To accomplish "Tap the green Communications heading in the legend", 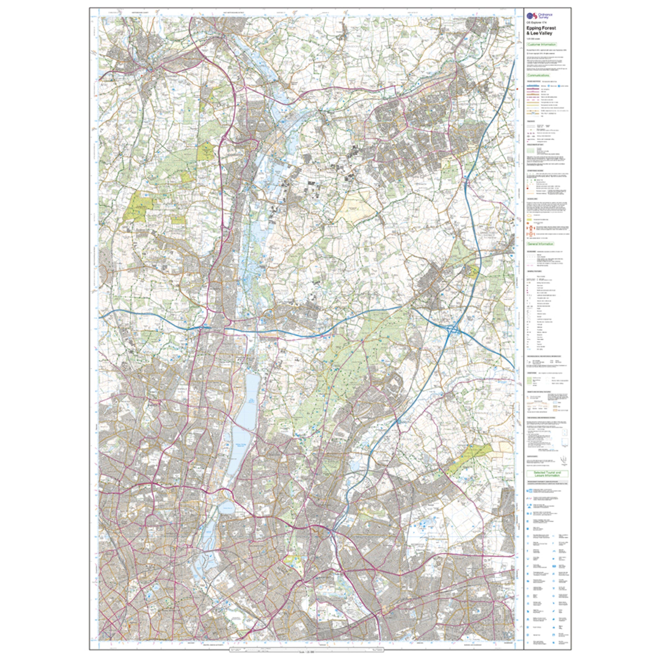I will tap(538, 75).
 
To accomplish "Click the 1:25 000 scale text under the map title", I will tap(533, 38).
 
